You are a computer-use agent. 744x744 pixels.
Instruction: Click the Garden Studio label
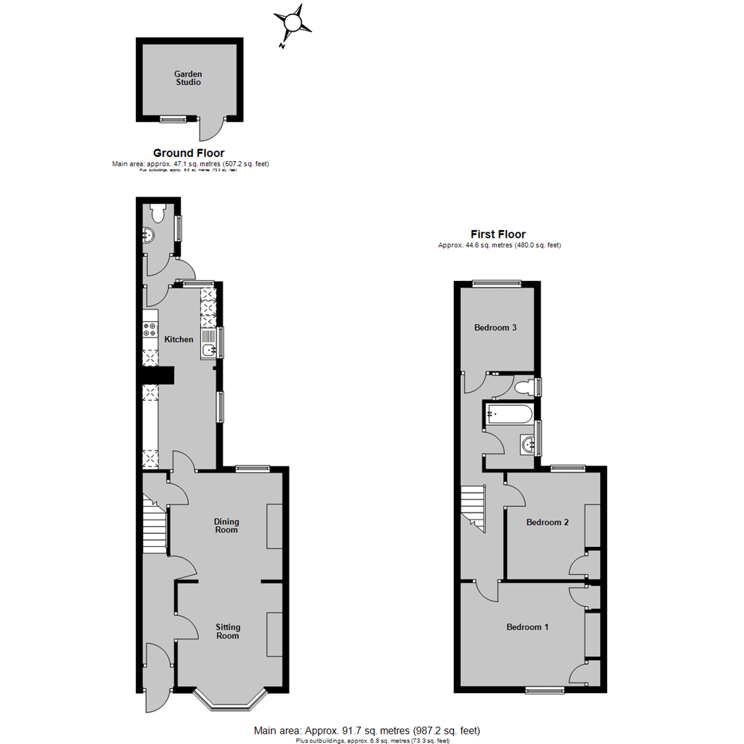pyautogui.click(x=187, y=78)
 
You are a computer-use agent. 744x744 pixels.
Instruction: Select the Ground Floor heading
pyautogui.click(x=189, y=153)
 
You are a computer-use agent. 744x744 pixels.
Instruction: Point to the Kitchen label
pyautogui.click(x=178, y=339)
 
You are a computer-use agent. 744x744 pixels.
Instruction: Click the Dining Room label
pyautogui.click(x=226, y=526)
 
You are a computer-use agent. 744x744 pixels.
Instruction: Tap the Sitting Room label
pyautogui.click(x=227, y=631)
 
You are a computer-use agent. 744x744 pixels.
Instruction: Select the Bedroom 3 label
pyautogui.click(x=495, y=328)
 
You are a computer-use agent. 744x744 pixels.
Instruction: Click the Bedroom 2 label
pyautogui.click(x=547, y=522)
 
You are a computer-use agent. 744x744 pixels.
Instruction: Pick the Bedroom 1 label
pyautogui.click(x=527, y=627)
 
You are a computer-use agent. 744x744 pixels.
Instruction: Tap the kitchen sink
pyautogui.click(x=209, y=343)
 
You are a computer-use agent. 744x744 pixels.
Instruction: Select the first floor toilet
pyautogui.click(x=525, y=386)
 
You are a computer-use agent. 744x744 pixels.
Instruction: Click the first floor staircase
pyautogui.click(x=474, y=505)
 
